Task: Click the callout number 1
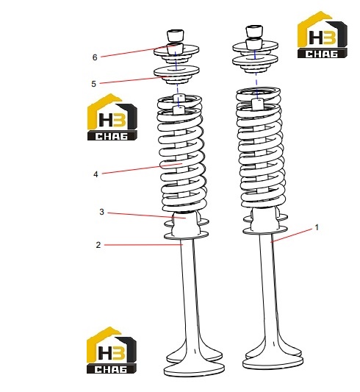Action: coord(317,227)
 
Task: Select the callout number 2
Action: coord(98,245)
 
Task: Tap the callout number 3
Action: coord(101,212)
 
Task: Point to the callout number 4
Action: coord(96,174)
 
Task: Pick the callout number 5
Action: coord(93,84)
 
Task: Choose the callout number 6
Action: coord(95,57)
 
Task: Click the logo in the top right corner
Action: coord(322,35)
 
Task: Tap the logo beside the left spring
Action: coord(112,117)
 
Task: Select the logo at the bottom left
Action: coord(112,350)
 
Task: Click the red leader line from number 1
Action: coord(292,235)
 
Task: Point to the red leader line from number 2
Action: coord(143,245)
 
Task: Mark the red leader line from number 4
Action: coord(142,168)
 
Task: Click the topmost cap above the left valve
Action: coord(176,35)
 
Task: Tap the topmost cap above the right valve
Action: coord(254,31)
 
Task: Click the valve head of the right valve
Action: coord(273,362)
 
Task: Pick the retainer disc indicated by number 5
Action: coord(176,75)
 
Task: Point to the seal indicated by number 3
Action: coord(186,224)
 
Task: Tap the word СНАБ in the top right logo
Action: coord(322,54)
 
